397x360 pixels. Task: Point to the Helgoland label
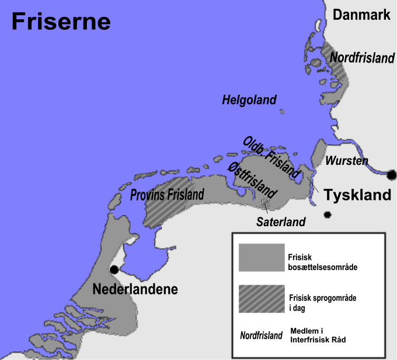coord(249,101)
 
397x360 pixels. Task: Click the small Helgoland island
coord(282,112)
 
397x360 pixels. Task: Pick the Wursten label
coord(347,161)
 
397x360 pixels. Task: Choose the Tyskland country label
coord(357,195)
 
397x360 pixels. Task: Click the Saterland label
coord(281,222)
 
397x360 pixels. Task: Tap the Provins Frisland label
coord(167,194)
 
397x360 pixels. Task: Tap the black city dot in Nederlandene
coord(114,270)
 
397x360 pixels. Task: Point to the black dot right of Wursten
coord(391,174)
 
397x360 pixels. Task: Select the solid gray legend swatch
coord(262,258)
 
